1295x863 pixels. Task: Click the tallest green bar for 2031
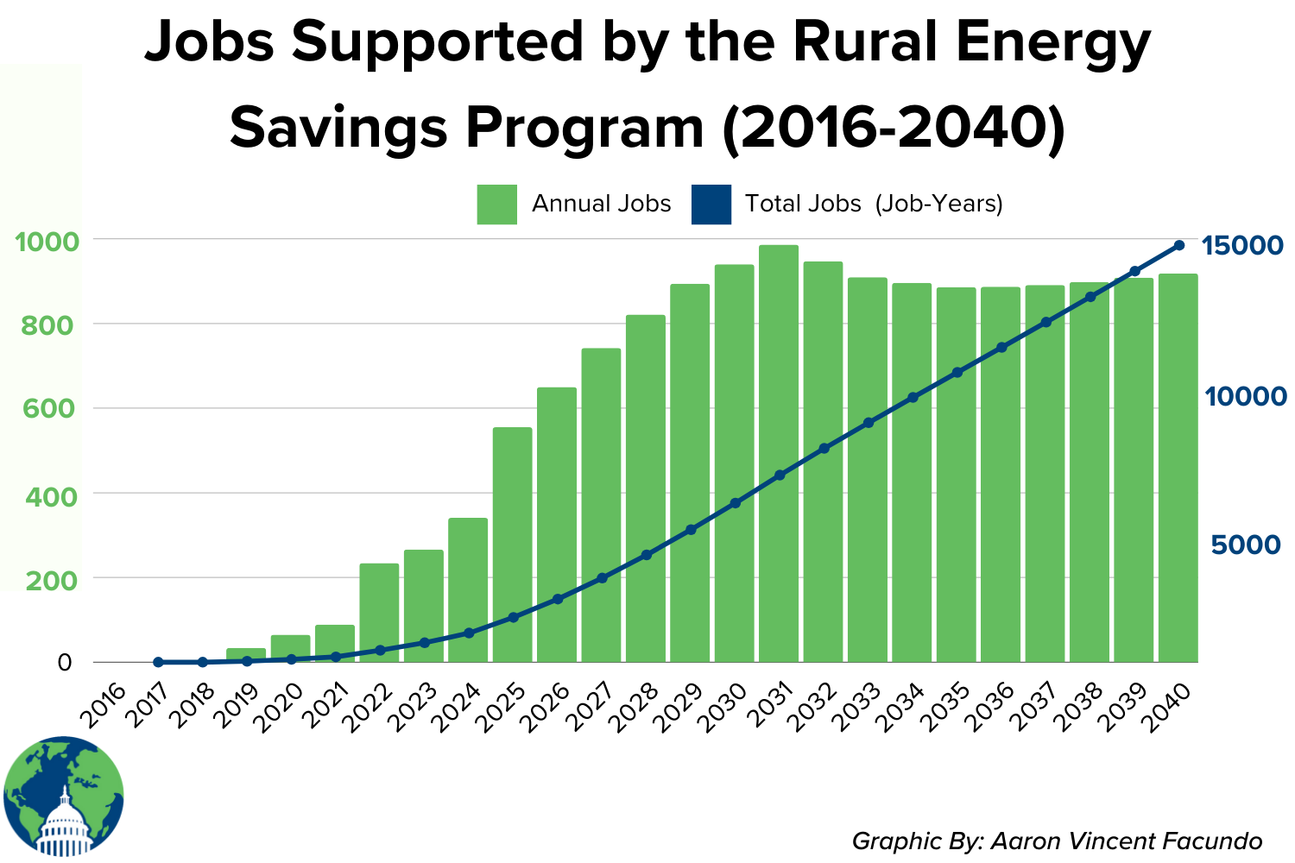[x=779, y=453]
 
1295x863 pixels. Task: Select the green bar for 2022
[x=379, y=613]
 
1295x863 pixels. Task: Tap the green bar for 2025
[x=512, y=544]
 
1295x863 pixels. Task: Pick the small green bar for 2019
[x=246, y=655]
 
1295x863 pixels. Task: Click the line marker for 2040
[x=1179, y=245]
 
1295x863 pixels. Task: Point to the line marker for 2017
[x=158, y=662]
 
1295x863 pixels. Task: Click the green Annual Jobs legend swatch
[x=496, y=205]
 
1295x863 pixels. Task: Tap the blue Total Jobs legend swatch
[x=711, y=205]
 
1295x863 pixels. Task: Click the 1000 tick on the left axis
[x=42, y=241]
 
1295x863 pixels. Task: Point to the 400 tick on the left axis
[x=42, y=496]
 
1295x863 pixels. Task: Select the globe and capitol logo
[x=63, y=797]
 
